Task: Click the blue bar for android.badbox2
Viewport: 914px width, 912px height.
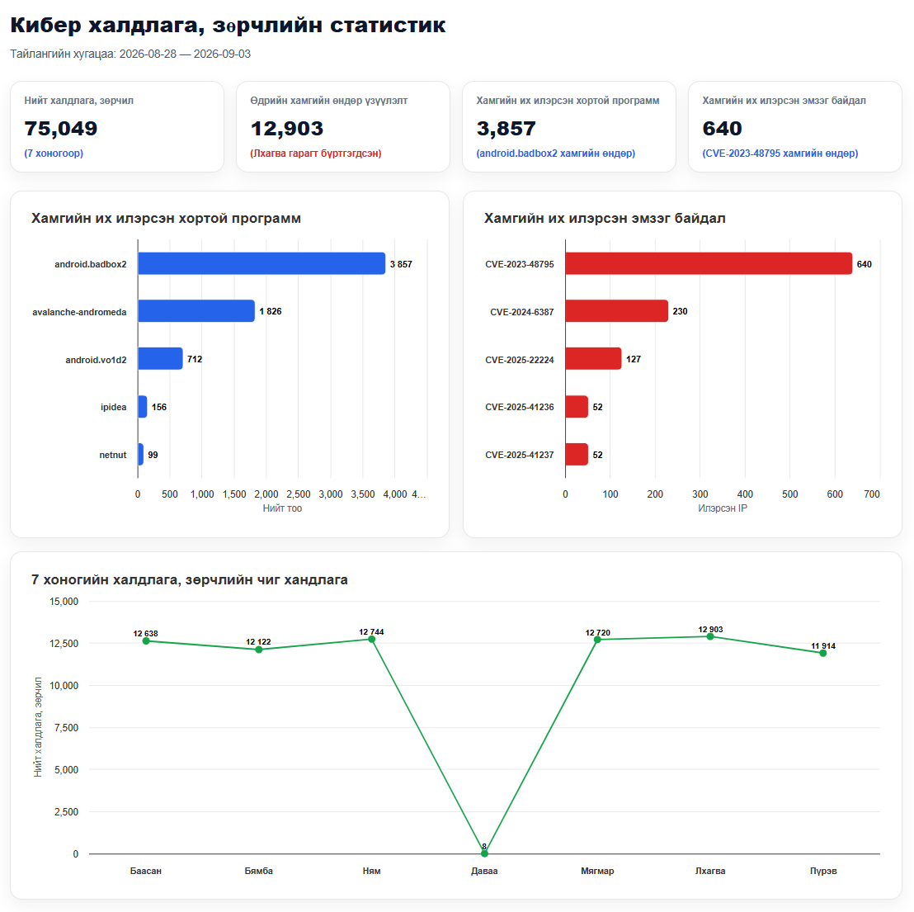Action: [261, 263]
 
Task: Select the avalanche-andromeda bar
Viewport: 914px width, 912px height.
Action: [196, 311]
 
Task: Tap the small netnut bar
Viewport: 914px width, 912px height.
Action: [140, 454]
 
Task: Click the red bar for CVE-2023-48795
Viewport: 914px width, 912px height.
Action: [709, 263]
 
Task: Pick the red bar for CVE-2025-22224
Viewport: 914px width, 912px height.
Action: [593, 359]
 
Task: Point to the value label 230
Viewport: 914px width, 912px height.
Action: [680, 311]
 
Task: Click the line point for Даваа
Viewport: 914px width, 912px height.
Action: [484, 853]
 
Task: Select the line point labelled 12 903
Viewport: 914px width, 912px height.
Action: [710, 636]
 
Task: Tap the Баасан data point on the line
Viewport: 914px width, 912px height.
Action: [146, 640]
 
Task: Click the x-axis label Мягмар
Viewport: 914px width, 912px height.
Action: [597, 871]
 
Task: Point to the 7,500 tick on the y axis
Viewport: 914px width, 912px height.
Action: [66, 727]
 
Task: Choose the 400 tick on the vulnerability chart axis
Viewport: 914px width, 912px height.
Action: [745, 494]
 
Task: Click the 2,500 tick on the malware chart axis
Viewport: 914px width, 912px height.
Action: [299, 494]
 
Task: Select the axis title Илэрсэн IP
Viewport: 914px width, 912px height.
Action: [723, 508]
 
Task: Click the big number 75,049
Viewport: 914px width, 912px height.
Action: [60, 128]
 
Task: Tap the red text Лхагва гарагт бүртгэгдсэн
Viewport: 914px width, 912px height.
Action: [316, 154]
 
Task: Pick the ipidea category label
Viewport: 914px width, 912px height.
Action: [113, 407]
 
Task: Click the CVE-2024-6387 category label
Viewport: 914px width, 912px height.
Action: [521, 312]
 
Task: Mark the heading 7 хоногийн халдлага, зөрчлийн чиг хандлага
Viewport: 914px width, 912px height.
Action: [190, 579]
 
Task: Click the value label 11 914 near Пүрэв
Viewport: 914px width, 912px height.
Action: [823, 645]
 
